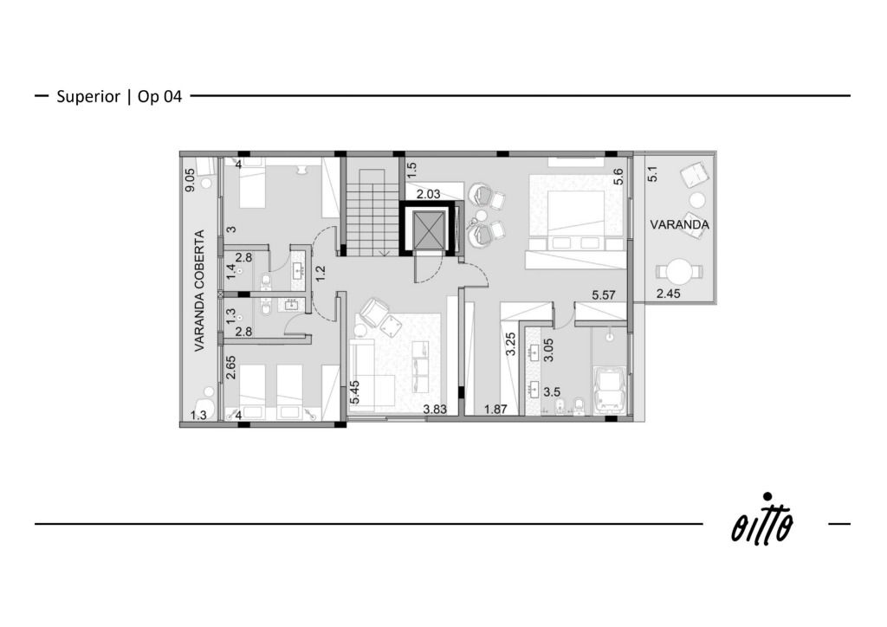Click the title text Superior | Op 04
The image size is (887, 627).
coord(120,97)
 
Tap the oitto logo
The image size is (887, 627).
coord(762,520)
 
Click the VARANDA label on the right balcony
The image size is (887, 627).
coord(679,224)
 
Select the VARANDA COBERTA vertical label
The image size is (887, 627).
coord(199,291)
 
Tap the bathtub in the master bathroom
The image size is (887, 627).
coord(610,390)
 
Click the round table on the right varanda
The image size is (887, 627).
coord(679,272)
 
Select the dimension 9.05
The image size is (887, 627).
coord(191,180)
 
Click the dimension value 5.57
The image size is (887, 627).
coord(604,295)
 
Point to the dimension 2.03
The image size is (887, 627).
coord(428,195)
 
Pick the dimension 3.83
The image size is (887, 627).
coord(435,410)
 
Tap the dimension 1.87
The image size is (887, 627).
coord(495,410)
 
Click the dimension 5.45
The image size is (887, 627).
coord(354,391)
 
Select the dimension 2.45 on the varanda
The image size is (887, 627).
coord(668,294)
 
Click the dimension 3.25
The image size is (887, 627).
coord(510,343)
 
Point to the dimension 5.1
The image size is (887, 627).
coord(652,173)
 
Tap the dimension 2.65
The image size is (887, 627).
coord(230,367)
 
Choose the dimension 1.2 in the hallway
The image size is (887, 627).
coord(320,274)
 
